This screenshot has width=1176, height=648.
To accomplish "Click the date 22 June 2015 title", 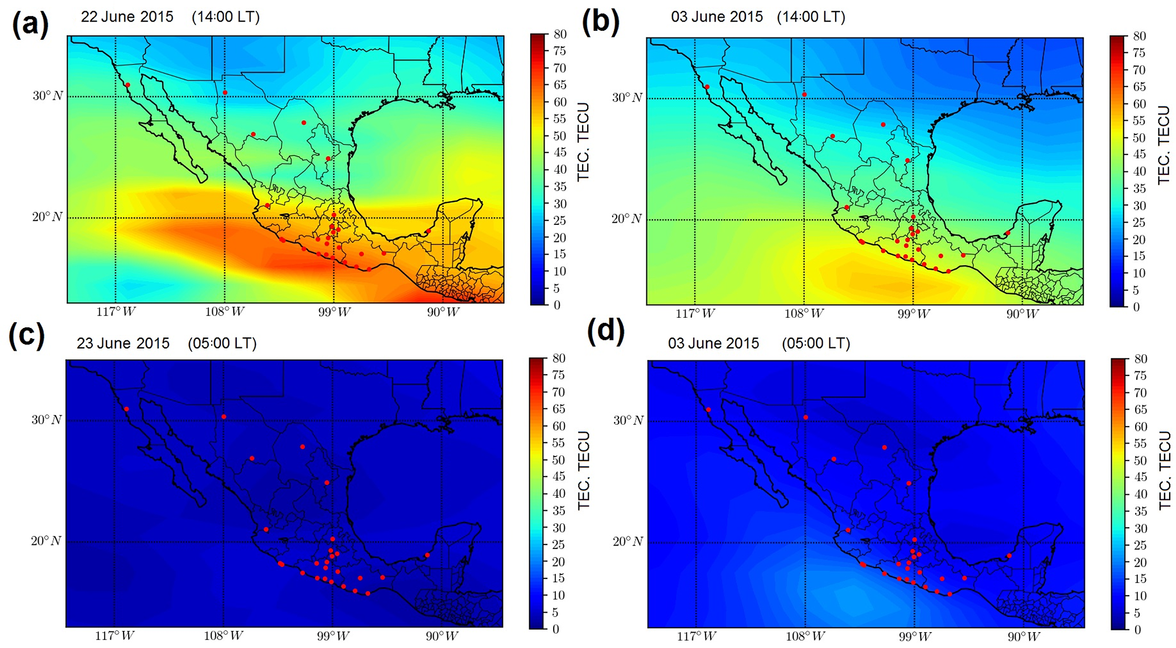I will coord(127,17).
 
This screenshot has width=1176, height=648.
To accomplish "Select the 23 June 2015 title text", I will coord(123,343).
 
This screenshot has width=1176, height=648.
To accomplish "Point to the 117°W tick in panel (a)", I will coord(115,312).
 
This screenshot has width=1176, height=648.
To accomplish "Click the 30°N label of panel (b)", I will coord(626,97).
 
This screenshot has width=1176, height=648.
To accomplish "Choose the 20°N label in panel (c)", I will coord(46,541).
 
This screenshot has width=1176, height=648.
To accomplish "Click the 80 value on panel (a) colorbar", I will coord(560,34).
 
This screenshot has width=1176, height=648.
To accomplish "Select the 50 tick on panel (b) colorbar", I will coord(1138,138).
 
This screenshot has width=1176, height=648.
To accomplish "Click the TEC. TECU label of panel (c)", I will coord(583,470).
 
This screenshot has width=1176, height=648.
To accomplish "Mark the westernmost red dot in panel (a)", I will coord(127,85).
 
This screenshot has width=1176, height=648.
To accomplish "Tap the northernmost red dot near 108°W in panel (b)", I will coord(804,95).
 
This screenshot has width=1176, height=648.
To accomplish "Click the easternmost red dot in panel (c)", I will coord(427,555).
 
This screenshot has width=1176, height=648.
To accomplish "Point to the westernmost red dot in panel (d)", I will coord(708,409).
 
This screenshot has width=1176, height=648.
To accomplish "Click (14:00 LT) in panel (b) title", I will coord(811,17).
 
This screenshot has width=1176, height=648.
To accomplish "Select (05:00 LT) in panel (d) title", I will coord(815,343).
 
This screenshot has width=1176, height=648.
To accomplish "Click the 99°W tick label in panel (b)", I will coord(913,314).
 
